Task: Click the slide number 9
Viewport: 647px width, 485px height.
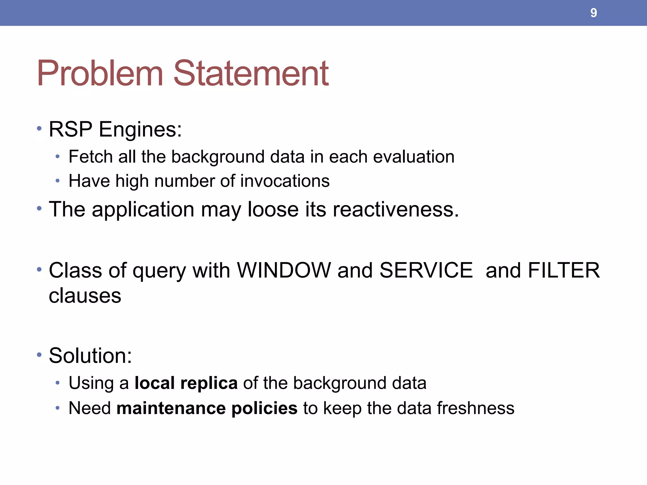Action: pos(593,13)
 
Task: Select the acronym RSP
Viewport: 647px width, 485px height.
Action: pos(70,129)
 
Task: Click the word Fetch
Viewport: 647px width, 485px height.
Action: pos(90,157)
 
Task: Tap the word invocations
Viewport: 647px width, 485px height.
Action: pos(285,181)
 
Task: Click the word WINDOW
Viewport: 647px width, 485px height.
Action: pos(284,270)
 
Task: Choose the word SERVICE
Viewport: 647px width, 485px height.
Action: pos(426,270)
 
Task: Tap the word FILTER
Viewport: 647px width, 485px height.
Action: pos(564,270)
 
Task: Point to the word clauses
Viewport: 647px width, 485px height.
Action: pos(85,296)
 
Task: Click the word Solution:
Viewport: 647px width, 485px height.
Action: pos(90,356)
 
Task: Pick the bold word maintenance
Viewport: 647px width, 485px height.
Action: pos(171,408)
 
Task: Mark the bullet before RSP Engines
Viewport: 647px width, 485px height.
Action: pos(39,129)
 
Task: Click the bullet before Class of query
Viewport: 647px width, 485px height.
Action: pos(39,270)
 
